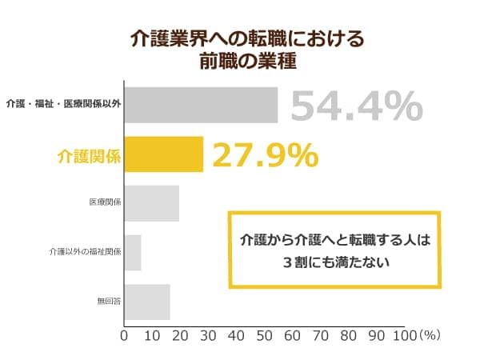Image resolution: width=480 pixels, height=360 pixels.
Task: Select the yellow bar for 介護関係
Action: point(164,155)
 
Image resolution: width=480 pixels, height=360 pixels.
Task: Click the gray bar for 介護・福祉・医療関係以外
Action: point(201,105)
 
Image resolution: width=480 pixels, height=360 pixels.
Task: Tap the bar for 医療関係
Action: point(152,204)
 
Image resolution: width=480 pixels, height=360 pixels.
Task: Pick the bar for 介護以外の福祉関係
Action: point(134,253)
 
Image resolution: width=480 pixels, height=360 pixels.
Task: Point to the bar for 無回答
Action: point(148,302)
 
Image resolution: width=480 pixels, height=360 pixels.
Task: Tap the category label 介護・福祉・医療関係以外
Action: point(63,105)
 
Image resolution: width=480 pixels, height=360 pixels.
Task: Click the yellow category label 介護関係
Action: point(90,156)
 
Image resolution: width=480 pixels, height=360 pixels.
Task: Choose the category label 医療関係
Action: point(105,204)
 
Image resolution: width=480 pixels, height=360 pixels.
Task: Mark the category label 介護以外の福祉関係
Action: point(84,253)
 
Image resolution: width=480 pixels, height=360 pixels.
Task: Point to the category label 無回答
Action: point(109,302)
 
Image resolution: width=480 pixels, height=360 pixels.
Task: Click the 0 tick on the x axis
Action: point(124,336)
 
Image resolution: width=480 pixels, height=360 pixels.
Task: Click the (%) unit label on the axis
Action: point(430,336)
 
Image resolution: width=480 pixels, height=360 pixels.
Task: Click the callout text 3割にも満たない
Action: point(335,261)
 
